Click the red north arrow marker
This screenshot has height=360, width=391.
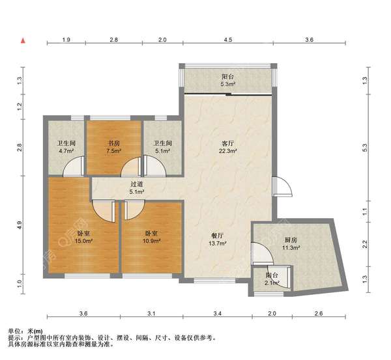click(x=23, y=40)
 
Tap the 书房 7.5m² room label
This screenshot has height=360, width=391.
click(x=113, y=147)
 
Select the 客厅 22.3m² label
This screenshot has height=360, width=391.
click(x=227, y=147)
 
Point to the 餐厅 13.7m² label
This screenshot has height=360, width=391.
click(x=217, y=240)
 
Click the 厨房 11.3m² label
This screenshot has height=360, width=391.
click(x=291, y=244)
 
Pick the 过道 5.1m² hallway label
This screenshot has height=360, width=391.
click(x=137, y=188)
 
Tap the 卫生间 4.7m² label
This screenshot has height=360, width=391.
click(x=66, y=147)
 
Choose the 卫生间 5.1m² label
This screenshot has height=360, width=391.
click(x=162, y=147)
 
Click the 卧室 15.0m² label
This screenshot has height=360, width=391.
click(x=84, y=237)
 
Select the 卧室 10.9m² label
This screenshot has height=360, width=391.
click(x=151, y=237)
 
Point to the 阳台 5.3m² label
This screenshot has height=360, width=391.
click(x=227, y=80)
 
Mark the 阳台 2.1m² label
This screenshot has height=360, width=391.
click(x=272, y=279)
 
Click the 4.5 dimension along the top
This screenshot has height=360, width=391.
click(x=228, y=40)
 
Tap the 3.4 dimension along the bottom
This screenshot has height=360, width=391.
click(x=218, y=313)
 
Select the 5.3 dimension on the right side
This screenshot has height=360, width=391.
click(x=364, y=148)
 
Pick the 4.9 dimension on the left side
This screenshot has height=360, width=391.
click(x=20, y=225)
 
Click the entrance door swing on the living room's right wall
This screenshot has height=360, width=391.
click(x=282, y=186)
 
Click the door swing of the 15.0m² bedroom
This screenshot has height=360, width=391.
click(x=104, y=211)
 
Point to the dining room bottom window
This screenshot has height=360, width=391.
click(x=214, y=281)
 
